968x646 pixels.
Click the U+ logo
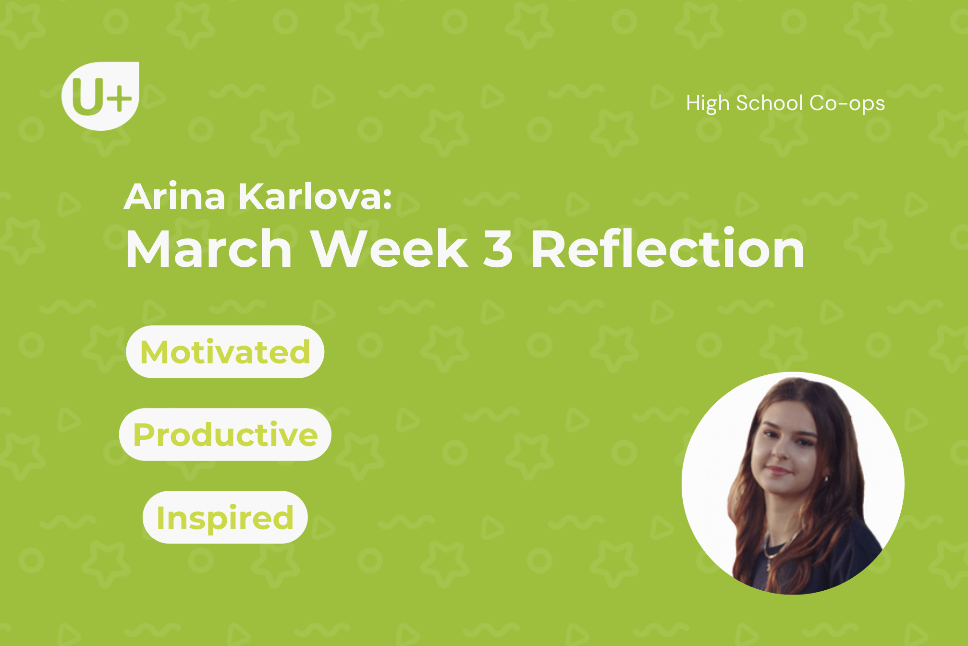100,96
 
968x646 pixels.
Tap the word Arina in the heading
174,197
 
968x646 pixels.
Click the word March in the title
208,248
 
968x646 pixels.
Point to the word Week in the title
390,248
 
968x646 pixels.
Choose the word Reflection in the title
668,248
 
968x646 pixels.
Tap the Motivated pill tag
225,352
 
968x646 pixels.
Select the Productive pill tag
225,435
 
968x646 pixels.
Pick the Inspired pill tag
225,517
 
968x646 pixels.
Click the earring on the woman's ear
827,479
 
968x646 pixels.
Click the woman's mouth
779,470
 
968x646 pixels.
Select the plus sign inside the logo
119,99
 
